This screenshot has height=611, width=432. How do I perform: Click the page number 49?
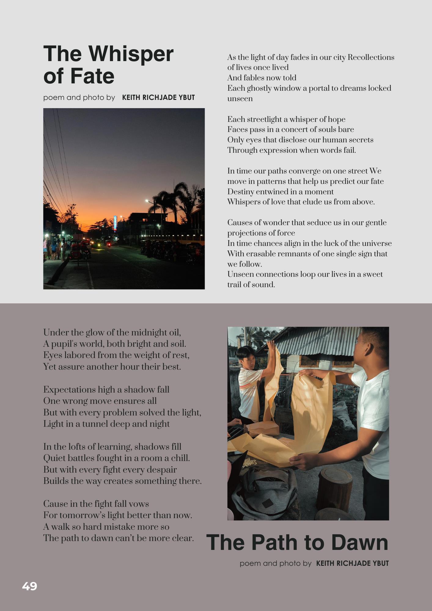pyautogui.click(x=30, y=586)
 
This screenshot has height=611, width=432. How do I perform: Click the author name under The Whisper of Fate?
pyautogui.click(x=158, y=98)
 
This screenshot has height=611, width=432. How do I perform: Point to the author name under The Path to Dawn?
pyautogui.click(x=352, y=563)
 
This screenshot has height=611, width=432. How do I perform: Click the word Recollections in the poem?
pyautogui.click(x=371, y=57)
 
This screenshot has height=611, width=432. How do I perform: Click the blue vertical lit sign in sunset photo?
pyautogui.click(x=115, y=223)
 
